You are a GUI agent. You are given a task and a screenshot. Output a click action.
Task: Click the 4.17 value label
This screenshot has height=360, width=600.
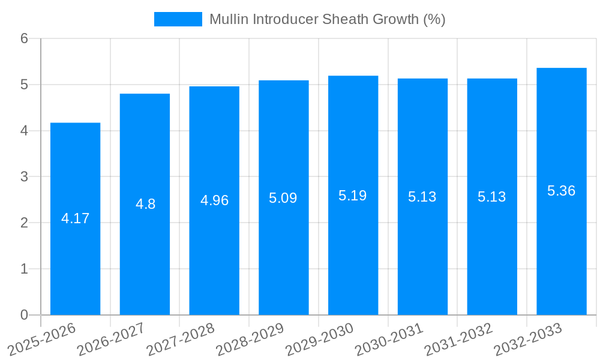[x=75, y=218]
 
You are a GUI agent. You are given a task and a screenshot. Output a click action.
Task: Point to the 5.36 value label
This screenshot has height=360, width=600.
[x=561, y=191]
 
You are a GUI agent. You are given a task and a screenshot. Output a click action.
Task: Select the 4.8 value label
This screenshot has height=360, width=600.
[x=145, y=204]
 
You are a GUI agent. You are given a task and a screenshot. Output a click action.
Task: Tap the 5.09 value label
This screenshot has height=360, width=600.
[x=283, y=198]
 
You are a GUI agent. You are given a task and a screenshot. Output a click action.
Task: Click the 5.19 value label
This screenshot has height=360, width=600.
[x=353, y=196]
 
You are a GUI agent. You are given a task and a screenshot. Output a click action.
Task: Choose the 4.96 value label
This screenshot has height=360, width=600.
[x=214, y=200]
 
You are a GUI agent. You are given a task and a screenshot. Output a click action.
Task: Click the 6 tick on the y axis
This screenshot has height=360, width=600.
[x=24, y=39]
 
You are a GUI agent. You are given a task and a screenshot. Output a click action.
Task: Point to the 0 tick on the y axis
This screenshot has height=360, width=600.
[x=24, y=315]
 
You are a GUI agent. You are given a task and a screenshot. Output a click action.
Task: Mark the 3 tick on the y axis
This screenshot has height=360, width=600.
[x=24, y=177]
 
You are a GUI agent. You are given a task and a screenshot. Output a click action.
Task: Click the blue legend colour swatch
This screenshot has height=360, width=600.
[x=178, y=19]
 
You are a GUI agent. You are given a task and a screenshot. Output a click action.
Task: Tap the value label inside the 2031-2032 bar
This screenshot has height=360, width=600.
[x=492, y=197]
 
